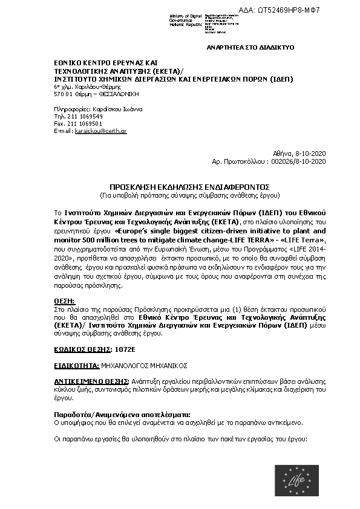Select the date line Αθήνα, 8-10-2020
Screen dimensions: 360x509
[300, 154]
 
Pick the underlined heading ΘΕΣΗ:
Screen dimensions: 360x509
[63, 300]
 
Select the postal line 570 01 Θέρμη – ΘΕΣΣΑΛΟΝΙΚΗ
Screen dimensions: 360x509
[96, 94]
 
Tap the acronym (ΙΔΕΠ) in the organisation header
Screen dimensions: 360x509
[281, 79]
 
